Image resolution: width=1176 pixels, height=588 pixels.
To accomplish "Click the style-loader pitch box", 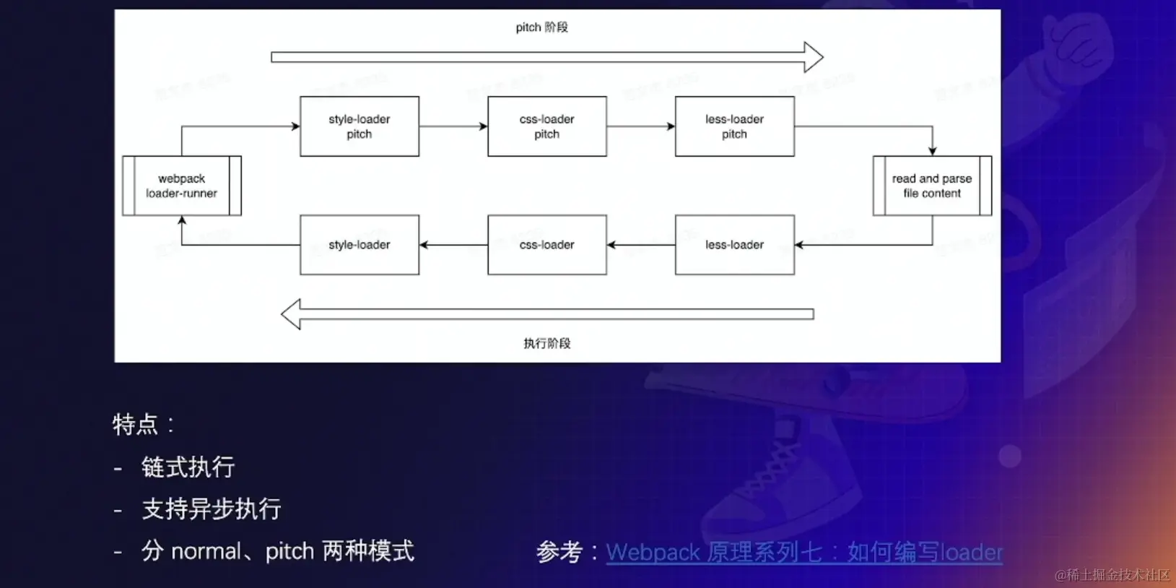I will [359, 126].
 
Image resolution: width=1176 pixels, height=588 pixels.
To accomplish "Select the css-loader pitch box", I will [546, 126].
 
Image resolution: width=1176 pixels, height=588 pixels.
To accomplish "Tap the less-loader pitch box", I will [734, 126].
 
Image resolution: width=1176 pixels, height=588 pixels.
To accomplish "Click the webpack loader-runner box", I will [182, 186].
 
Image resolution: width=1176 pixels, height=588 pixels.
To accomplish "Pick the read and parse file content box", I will [932, 186].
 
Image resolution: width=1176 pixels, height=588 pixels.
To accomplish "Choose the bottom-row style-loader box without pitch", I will [359, 245].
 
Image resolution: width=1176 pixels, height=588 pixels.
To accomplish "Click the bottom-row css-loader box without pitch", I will [546, 245].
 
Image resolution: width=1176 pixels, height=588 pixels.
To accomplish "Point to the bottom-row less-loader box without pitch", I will [734, 245].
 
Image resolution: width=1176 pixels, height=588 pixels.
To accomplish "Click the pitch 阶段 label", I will [541, 27].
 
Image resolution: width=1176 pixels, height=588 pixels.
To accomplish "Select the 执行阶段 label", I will [546, 343].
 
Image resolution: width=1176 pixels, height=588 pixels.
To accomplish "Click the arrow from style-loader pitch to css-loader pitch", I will [453, 126].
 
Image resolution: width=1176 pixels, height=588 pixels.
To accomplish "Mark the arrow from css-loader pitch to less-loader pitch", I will [641, 126].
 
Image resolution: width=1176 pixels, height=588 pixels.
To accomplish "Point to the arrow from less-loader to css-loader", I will [641, 245].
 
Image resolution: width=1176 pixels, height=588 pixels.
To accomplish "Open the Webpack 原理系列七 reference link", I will [803, 553].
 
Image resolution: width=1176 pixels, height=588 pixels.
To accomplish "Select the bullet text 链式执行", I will [188, 467].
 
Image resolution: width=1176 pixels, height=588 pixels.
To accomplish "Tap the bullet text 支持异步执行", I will [211, 509].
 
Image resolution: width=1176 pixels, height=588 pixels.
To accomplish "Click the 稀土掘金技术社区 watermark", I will [1112, 575].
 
